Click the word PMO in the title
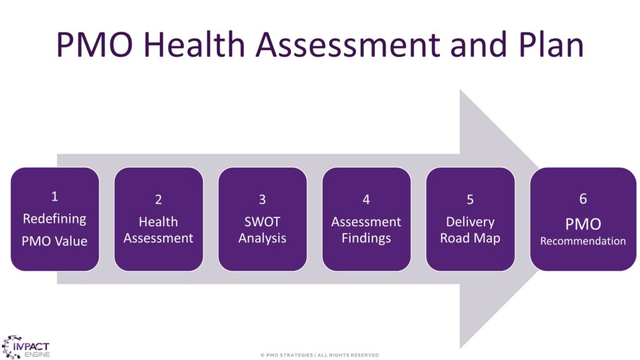pos(95,44)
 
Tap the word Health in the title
pos(194,44)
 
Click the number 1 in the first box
pos(54,197)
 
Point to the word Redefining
pos(55,219)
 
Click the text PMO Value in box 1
pos(55,241)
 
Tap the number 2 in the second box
pos(158,199)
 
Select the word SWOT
pos(262,222)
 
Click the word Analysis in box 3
pos(262,238)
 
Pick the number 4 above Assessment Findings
pos(366,199)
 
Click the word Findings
pos(366,238)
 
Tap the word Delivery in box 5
pos(470,222)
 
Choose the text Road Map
pos(470,238)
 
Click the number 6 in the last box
pos(583,199)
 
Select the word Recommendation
pos(583,241)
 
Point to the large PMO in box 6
pos(583,224)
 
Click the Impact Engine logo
pos(25,347)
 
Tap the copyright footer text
pos(319,355)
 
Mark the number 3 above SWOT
pos(262,199)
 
